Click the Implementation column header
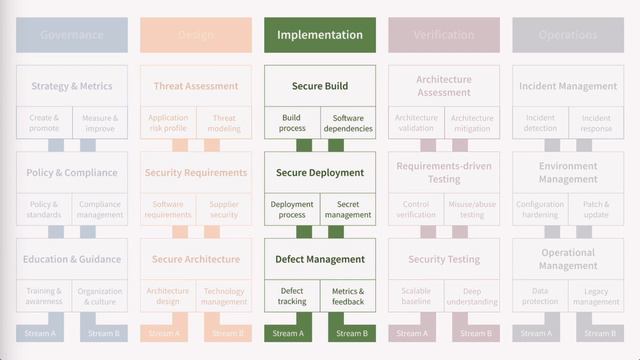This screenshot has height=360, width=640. click(320, 35)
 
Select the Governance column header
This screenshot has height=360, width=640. click(72, 35)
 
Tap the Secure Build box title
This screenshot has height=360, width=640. click(320, 86)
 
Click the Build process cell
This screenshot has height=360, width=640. click(292, 123)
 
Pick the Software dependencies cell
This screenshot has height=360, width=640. click(348, 123)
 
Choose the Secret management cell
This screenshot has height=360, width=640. click(348, 209)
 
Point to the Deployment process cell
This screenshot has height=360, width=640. click(292, 209)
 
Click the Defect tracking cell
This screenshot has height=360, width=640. click(292, 296)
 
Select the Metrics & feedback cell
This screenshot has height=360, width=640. click(348, 296)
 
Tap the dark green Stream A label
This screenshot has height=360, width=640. click(287, 333)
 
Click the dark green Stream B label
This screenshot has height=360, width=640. click(351, 333)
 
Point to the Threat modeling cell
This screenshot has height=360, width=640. click(224, 123)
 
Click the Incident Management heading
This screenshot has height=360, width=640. click(568, 86)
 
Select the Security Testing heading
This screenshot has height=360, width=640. click(444, 259)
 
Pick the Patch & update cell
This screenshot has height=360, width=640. click(596, 209)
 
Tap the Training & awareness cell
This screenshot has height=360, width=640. click(44, 296)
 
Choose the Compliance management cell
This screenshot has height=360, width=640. click(100, 209)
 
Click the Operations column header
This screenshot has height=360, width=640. click(568, 35)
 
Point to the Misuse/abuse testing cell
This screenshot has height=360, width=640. click(472, 209)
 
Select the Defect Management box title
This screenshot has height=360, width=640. click(320, 259)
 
